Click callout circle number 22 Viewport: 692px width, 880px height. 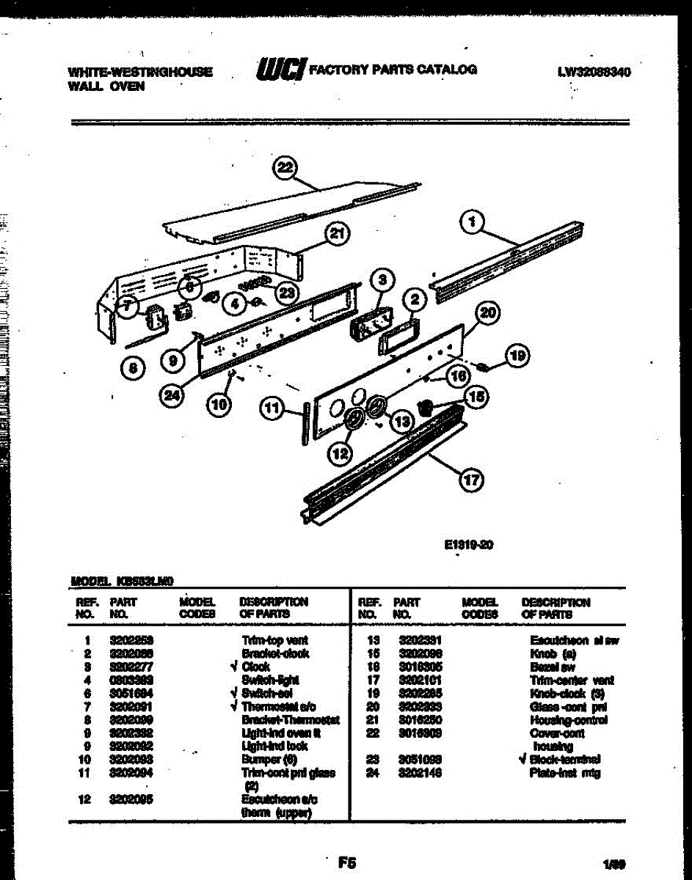click(283, 168)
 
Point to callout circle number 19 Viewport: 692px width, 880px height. click(519, 356)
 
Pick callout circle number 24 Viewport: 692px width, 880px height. click(172, 395)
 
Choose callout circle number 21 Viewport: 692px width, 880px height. click(338, 235)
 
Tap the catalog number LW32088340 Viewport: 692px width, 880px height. click(594, 73)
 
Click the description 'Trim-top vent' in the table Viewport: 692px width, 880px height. click(275, 640)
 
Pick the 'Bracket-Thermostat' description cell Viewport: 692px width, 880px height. click(291, 720)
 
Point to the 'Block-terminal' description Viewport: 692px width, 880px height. click(564, 759)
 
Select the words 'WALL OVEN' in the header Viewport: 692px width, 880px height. click(106, 86)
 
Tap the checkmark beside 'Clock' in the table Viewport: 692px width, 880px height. click(233, 667)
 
